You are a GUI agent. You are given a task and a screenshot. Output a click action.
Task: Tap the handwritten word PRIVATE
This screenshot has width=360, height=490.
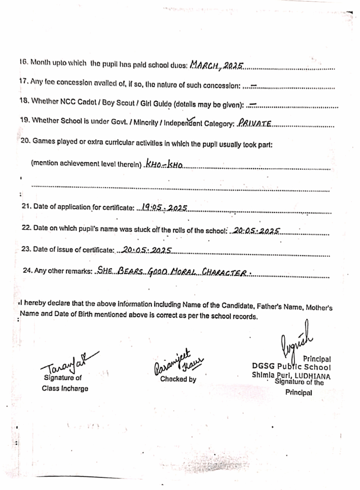[x=255, y=124]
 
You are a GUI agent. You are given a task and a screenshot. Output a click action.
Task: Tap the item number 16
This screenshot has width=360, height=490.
[x=23, y=62]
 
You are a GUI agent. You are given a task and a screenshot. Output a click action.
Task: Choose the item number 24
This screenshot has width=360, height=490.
[x=28, y=271]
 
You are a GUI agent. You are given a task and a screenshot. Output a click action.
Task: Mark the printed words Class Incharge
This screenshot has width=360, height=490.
[x=65, y=389]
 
